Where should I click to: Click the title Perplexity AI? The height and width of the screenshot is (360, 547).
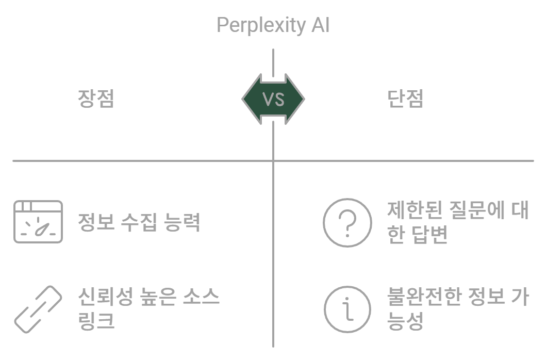click(273, 25)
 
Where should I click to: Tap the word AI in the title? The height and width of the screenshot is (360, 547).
click(320, 25)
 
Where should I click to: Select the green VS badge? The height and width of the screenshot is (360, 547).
click(273, 99)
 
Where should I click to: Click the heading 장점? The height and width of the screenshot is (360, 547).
click(96, 99)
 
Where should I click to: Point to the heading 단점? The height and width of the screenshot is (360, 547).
click(405, 99)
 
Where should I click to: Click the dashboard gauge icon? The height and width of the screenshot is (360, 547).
click(38, 222)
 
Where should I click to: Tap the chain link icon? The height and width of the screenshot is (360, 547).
click(38, 309)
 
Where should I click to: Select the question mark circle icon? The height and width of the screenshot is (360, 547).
click(347, 222)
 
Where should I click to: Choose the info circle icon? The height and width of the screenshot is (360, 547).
click(347, 309)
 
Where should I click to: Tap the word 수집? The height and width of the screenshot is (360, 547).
click(138, 223)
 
